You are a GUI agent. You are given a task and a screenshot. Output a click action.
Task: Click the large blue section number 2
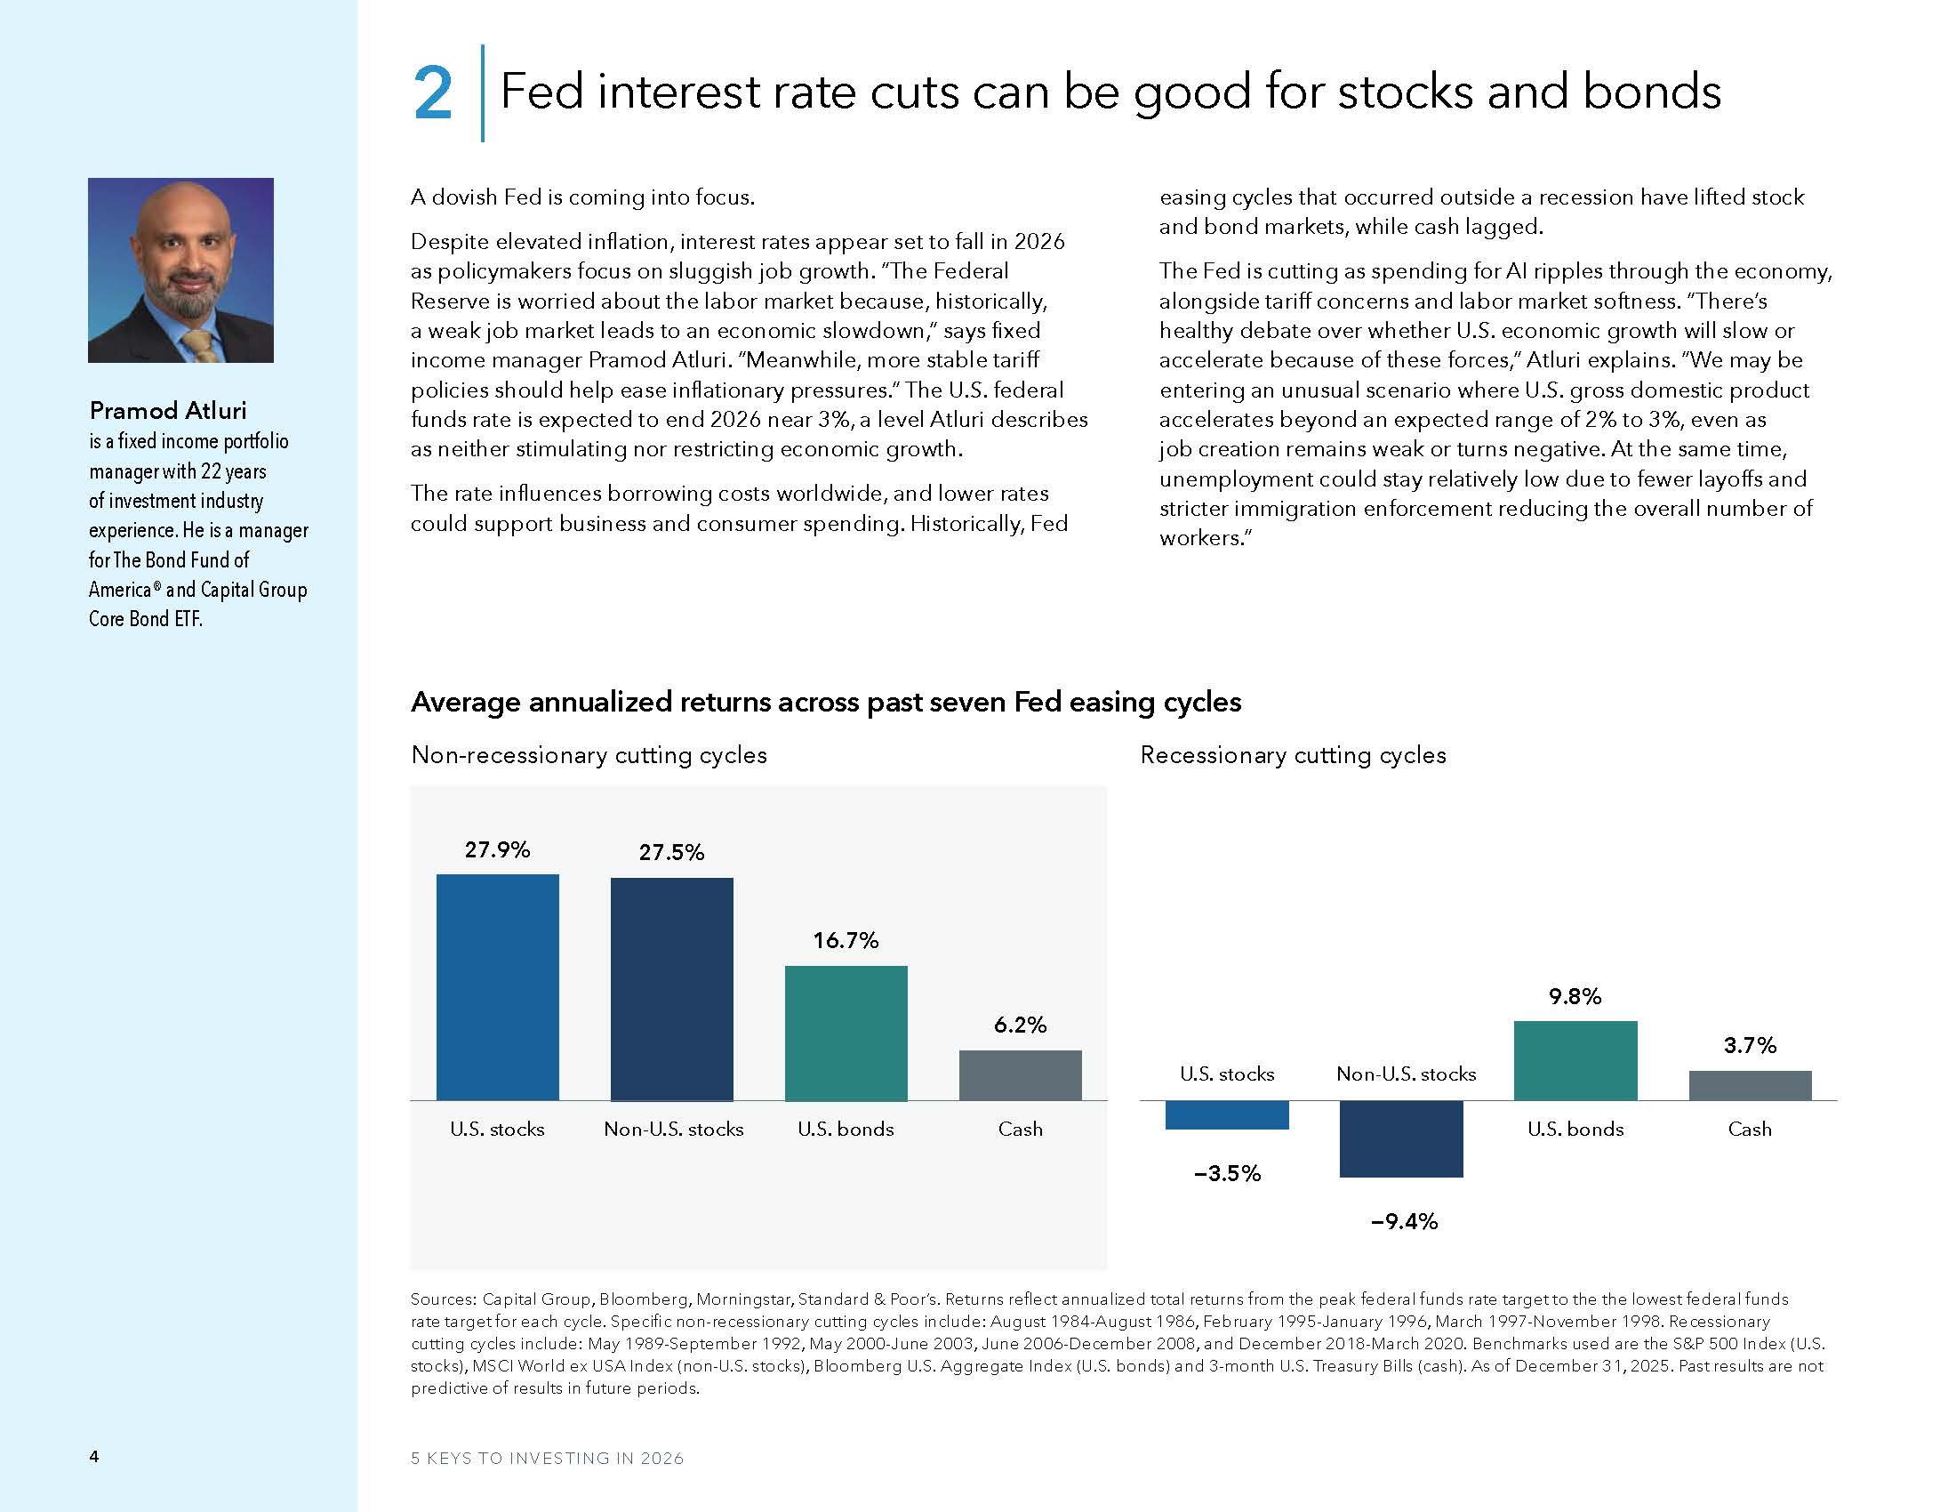coord(433,93)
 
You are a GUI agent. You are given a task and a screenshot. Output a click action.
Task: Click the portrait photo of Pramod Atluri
coord(180,269)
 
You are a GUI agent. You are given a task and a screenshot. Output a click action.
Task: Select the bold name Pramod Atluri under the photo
coord(167,410)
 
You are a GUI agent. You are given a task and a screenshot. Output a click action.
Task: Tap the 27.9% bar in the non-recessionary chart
coord(497,986)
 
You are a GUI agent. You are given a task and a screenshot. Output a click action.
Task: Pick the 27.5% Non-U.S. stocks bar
coord(671,988)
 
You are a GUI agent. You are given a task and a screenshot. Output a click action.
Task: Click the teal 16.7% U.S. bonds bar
coord(846,1032)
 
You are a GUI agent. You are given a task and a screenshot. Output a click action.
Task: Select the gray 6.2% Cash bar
coord(1020,1074)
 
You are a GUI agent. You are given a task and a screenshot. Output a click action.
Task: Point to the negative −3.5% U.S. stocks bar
coord(1226,1114)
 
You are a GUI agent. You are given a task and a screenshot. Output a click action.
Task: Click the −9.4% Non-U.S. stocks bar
coord(1400,1138)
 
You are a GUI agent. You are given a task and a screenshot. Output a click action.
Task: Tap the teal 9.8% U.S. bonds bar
coord(1575,1059)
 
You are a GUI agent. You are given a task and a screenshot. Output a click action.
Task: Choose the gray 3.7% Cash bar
coord(1749,1085)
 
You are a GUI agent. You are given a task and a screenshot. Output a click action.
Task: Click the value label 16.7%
coord(846,939)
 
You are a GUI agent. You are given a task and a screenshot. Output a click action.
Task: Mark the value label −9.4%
coord(1403,1221)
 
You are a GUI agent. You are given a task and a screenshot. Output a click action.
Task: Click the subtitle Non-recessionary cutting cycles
coord(589,754)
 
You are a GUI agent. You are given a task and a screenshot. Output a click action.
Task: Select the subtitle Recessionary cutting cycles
coord(1293,754)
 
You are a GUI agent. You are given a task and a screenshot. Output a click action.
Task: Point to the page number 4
coord(94,1456)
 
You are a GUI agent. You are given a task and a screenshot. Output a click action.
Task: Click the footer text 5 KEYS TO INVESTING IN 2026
coord(547,1458)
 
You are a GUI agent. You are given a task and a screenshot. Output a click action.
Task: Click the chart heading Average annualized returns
coord(825,702)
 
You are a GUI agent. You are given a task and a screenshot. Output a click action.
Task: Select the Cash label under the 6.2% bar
coord(1020,1129)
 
